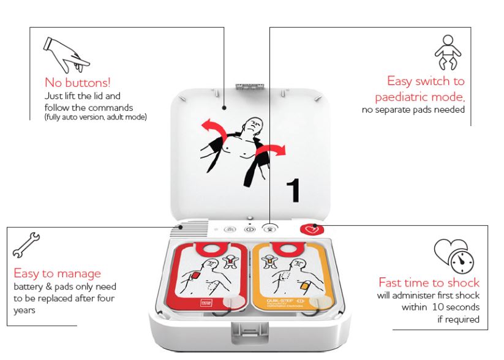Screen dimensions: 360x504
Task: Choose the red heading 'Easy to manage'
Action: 57,273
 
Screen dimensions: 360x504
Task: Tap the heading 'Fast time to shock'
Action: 429,282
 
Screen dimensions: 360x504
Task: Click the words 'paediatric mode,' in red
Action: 419,97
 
